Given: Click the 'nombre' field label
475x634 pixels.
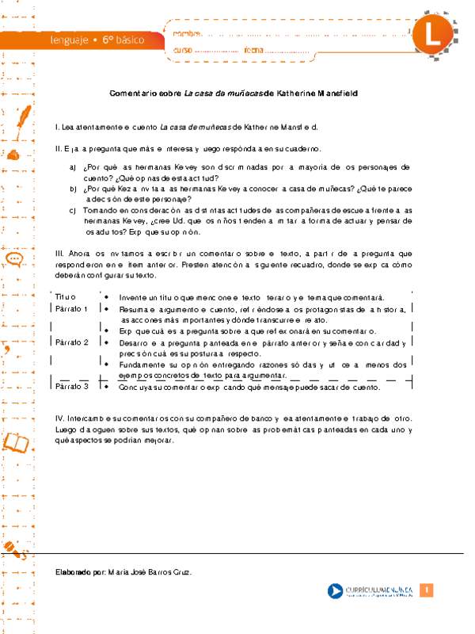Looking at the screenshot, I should click(187, 32).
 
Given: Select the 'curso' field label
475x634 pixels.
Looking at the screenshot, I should click(183, 51).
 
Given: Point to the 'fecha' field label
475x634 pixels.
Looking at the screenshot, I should click(253, 51).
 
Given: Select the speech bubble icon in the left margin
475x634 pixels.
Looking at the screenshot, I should click(13, 259).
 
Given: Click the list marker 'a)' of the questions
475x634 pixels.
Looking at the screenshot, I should click(74, 168).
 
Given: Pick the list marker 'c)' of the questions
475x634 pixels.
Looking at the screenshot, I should click(74, 210).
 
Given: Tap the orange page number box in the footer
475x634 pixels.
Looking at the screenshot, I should click(426, 590).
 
